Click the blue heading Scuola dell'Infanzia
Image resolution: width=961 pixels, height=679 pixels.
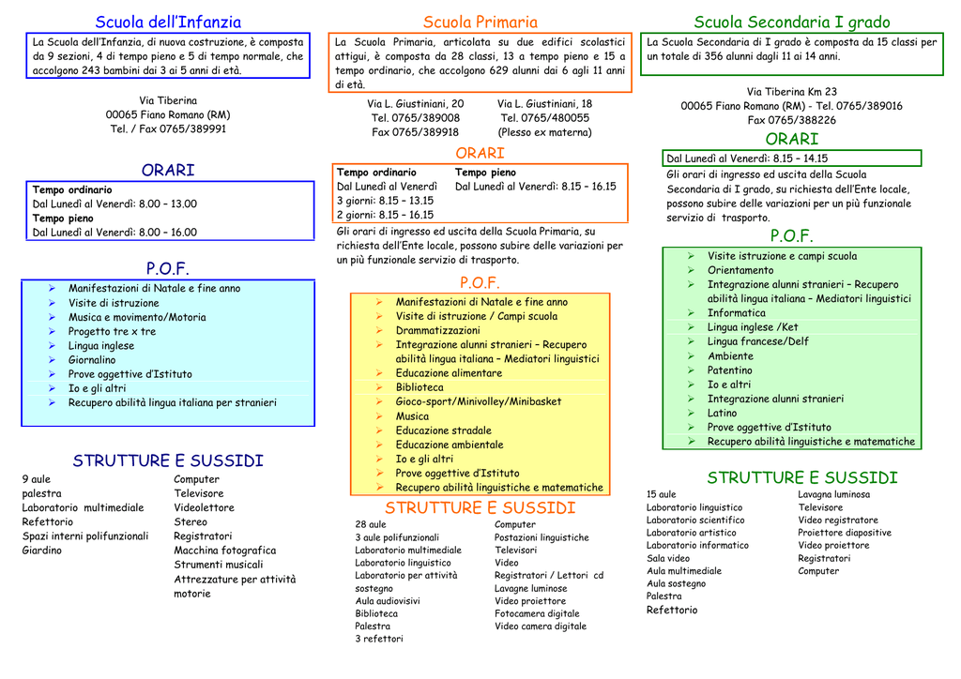click(168, 23)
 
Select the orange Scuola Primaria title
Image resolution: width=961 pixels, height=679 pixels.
click(480, 23)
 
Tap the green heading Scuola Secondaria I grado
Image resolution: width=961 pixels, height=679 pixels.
click(792, 23)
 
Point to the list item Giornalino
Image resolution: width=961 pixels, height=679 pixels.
click(92, 360)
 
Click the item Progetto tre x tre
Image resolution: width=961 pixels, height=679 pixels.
click(113, 331)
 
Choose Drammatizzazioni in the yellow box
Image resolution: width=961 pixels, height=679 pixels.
click(437, 331)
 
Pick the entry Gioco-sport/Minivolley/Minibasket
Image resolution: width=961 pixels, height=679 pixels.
click(478, 401)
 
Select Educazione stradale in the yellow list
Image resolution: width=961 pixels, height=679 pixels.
click(443, 430)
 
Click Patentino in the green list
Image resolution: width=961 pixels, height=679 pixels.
click(729, 370)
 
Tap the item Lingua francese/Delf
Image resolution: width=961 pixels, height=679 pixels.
click(758, 341)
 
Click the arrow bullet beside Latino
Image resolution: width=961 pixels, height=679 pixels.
click(691, 414)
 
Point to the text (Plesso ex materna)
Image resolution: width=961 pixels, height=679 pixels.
click(545, 132)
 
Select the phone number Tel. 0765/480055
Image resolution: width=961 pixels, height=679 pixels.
click(545, 118)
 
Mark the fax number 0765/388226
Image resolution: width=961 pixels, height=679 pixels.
click(791, 120)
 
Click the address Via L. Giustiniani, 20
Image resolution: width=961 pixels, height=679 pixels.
click(416, 104)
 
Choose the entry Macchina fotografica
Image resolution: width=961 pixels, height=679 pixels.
click(225, 551)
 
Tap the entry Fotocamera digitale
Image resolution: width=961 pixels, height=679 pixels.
click(537, 613)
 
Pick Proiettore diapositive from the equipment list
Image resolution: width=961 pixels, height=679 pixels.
click(845, 533)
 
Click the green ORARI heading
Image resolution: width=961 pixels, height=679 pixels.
click(792, 139)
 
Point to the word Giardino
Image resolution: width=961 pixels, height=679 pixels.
click(41, 551)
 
